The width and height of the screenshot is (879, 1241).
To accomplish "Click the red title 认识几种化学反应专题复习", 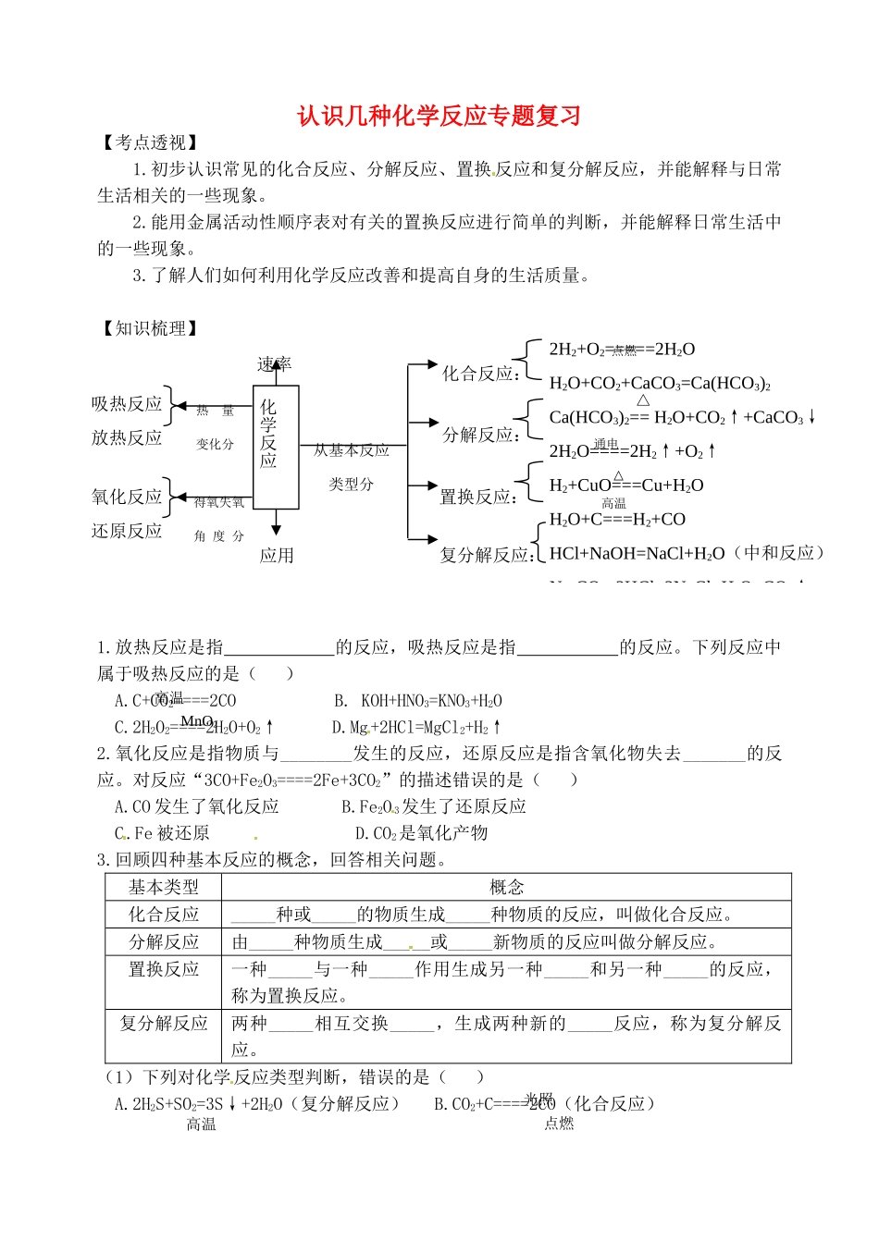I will (439, 116).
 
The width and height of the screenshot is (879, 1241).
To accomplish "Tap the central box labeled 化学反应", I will (276, 434).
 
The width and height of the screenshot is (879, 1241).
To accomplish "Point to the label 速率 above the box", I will (274, 364).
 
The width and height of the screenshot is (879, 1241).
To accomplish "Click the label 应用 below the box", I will (276, 555).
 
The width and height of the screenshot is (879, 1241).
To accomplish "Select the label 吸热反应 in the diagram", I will (127, 404).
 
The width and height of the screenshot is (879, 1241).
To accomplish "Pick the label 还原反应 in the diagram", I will (127, 531).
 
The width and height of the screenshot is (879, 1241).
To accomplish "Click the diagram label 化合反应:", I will (479, 374).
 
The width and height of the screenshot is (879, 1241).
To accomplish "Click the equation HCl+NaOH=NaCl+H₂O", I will (637, 553).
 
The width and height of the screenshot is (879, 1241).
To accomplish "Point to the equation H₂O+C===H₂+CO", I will (617, 520).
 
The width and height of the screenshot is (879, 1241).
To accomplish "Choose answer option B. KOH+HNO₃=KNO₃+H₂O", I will (418, 701).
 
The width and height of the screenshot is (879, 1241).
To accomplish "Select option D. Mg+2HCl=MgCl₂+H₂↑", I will (416, 728).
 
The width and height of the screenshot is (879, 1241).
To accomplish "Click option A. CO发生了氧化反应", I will (196, 806).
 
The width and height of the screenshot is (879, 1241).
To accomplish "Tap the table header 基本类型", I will (164, 887).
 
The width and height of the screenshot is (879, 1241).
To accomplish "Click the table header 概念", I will (506, 887).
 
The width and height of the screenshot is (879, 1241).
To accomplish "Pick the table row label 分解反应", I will (164, 941).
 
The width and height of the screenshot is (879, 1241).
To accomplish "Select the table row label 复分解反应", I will (164, 1023).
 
